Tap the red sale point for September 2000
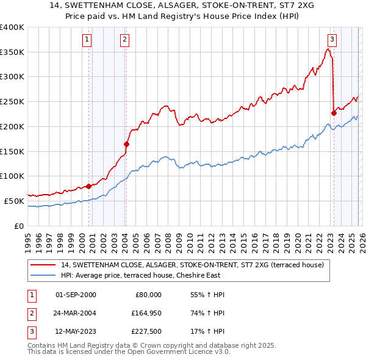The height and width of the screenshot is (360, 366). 88,185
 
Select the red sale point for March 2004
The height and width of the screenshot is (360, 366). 126,144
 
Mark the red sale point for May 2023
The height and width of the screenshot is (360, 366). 334,112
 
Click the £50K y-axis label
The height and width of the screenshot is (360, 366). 14,201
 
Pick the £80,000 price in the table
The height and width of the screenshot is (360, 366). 147,294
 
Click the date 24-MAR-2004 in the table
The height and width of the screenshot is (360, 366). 76,313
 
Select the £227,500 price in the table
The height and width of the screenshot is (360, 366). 145,332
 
